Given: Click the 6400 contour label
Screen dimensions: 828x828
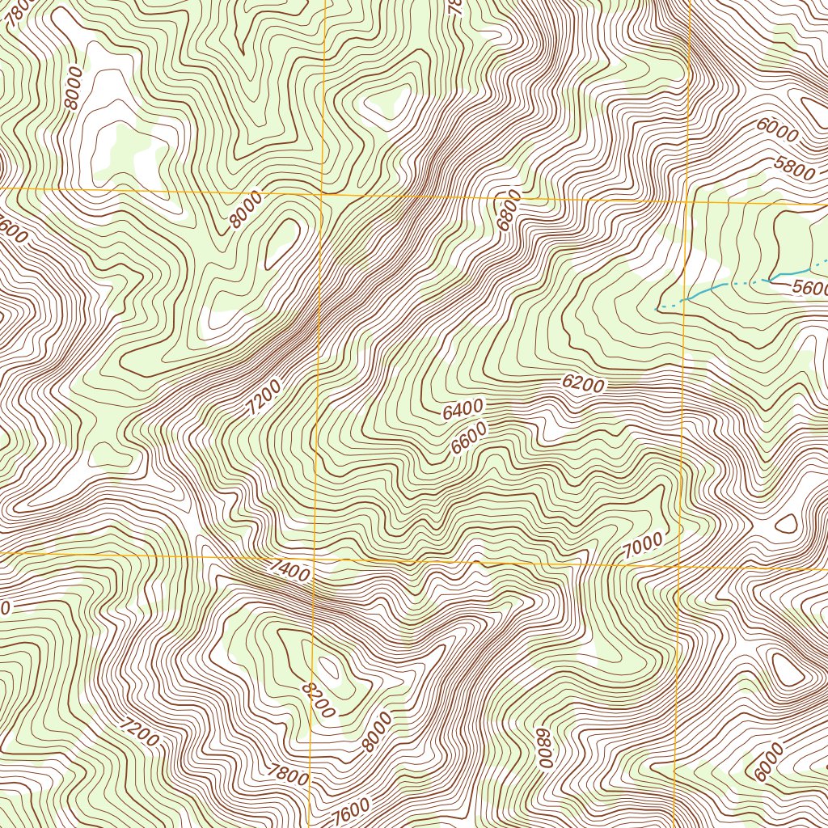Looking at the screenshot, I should (463, 410).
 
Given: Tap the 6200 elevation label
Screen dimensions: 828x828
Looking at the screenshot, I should (583, 385).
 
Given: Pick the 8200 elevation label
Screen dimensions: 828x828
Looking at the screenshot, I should (317, 699).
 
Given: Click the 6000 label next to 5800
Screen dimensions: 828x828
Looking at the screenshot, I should (778, 129).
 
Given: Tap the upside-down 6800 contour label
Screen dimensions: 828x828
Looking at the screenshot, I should (544, 748).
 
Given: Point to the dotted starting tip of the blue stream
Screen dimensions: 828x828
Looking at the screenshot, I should (655, 309).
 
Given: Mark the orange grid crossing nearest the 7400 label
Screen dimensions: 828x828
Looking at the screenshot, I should (315, 558).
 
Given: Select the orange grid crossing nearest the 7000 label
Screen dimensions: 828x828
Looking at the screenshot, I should (678, 566).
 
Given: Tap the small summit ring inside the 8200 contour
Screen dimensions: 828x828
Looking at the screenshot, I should (329, 668).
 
